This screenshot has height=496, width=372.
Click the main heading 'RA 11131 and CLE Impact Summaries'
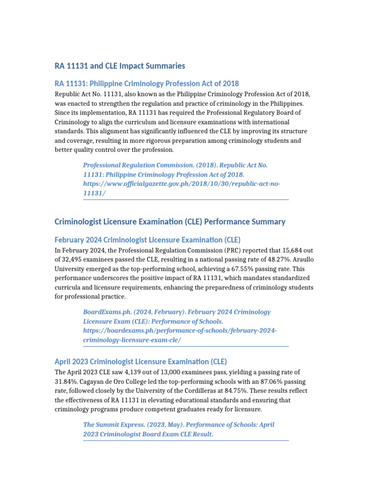pos(120,65)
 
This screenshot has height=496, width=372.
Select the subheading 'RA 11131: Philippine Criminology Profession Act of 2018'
pos(147,83)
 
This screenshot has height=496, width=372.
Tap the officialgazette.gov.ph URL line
pos(182,184)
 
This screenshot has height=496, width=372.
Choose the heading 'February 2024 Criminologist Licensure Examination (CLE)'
pos(148,240)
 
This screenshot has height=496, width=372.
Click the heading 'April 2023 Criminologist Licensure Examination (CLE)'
pos(140,361)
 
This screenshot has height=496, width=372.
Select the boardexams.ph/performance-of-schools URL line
pos(180,330)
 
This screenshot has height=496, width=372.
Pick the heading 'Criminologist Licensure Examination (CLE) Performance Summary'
pos(170,221)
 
